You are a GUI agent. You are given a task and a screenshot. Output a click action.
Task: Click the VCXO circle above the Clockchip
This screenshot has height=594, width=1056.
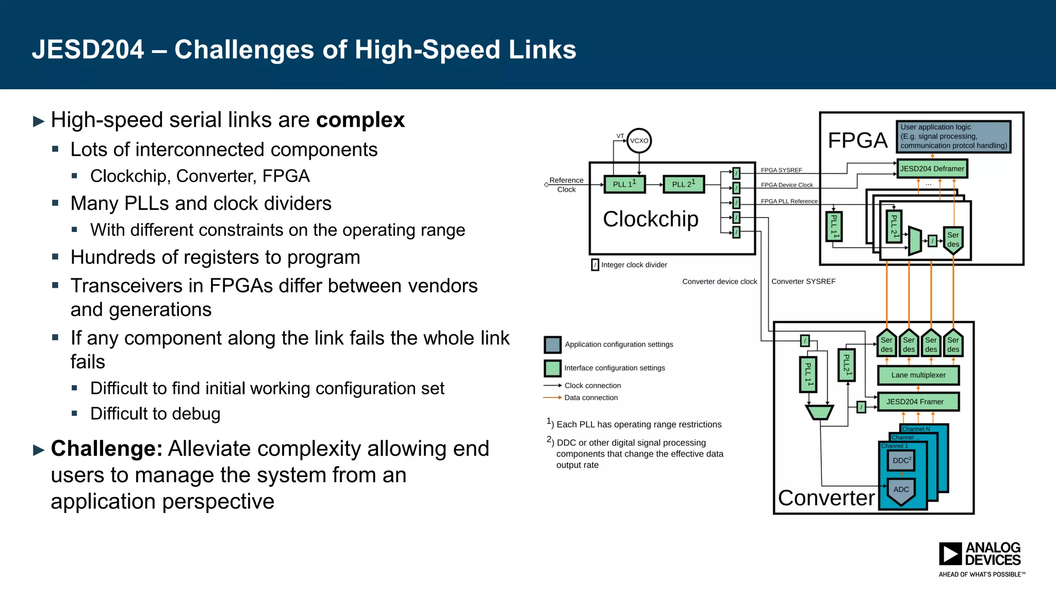639,140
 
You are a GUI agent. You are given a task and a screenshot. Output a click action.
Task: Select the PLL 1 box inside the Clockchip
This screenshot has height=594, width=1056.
624,184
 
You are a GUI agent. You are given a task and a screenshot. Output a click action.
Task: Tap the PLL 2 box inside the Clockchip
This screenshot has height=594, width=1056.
683,184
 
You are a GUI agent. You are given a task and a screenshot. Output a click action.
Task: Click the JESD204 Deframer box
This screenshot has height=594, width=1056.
932,169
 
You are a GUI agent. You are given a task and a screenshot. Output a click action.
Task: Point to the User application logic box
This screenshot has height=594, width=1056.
953,137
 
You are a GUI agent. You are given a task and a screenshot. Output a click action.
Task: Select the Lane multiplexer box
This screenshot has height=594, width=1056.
918,375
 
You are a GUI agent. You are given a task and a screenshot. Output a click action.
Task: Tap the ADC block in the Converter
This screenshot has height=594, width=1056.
901,490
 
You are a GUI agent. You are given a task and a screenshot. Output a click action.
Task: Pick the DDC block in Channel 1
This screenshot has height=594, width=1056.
901,460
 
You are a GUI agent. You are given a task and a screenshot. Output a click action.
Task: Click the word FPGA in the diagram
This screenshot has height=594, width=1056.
857,140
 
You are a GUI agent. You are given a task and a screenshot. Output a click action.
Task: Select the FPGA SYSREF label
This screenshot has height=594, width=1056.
781,170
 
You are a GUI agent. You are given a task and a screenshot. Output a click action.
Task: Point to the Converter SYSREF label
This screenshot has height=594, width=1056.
803,282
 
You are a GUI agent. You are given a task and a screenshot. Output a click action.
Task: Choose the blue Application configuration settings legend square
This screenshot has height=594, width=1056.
552,344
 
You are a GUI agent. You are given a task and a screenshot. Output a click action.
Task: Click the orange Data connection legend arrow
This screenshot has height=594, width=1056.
552,398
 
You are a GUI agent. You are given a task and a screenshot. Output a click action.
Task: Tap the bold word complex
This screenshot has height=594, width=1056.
360,120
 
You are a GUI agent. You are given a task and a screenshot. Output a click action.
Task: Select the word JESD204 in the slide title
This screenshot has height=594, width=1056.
88,50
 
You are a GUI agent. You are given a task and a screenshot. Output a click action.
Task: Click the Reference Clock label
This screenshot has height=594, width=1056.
566,185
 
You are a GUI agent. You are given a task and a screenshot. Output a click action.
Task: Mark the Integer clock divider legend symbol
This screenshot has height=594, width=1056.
595,265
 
